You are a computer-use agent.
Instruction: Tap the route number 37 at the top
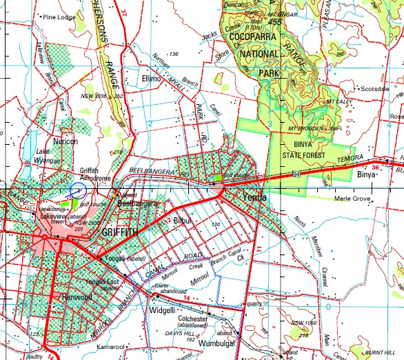(125, 12)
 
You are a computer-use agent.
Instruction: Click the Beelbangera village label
(137, 204)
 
